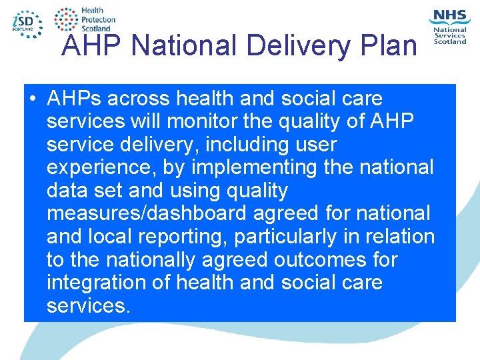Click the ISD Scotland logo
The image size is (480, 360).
[27, 23]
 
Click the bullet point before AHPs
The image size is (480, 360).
[33, 99]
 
